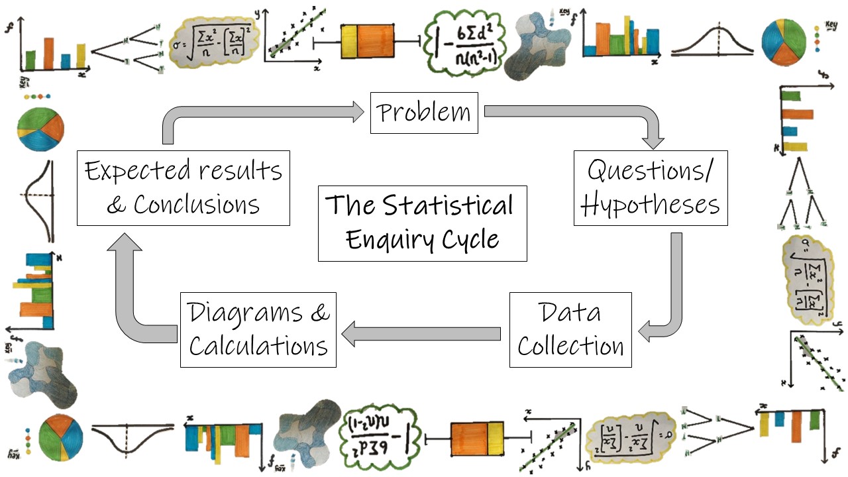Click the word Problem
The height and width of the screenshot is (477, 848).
point(424,113)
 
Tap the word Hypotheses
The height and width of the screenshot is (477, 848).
point(651,205)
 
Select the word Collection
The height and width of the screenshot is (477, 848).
point(570,346)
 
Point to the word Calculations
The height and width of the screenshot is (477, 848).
point(258,346)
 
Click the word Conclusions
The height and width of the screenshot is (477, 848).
point(196,205)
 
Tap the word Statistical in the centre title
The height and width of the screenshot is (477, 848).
point(448,205)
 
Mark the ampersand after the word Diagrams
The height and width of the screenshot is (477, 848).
point(319,312)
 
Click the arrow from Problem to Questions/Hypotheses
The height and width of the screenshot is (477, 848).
point(596,113)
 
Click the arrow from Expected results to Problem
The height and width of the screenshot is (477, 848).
point(252,113)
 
